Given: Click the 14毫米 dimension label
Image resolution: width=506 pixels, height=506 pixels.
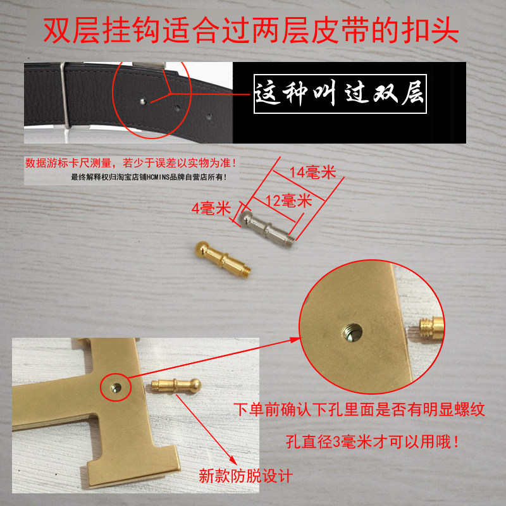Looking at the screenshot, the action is click(312, 172).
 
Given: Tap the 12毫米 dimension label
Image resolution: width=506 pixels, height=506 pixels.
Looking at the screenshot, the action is click(289, 201).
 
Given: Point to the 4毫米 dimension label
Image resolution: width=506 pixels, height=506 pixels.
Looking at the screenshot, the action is click(211, 208).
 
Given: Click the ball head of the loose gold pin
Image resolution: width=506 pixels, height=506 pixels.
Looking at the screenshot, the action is click(202, 249).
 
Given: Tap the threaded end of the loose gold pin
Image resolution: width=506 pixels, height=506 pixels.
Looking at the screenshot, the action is click(246, 272).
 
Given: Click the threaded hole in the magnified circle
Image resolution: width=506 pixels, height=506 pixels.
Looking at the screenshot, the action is click(352, 333).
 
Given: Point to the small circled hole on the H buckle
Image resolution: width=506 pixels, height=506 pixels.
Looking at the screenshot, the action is click(116, 388).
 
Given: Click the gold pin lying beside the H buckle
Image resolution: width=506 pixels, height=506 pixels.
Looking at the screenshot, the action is click(176, 386).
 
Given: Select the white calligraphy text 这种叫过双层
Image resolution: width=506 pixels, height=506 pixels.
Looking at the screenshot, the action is click(340, 93).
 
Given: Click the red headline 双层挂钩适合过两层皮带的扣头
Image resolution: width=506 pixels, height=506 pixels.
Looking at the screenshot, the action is click(250, 30).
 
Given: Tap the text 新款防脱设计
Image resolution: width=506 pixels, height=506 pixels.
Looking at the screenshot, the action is click(245, 476).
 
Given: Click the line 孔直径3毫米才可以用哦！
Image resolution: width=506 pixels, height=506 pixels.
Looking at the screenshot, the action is click(373, 441).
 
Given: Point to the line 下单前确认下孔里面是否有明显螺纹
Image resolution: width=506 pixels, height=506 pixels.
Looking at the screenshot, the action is click(359, 410).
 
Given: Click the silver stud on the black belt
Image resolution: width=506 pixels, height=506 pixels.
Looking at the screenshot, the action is click(143, 102).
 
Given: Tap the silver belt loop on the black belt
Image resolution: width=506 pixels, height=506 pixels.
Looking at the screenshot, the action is click(65, 96).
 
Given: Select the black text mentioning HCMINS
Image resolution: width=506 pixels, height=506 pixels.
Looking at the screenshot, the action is click(149, 177).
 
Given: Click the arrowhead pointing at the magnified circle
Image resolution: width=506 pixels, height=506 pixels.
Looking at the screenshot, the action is click(294, 340).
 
